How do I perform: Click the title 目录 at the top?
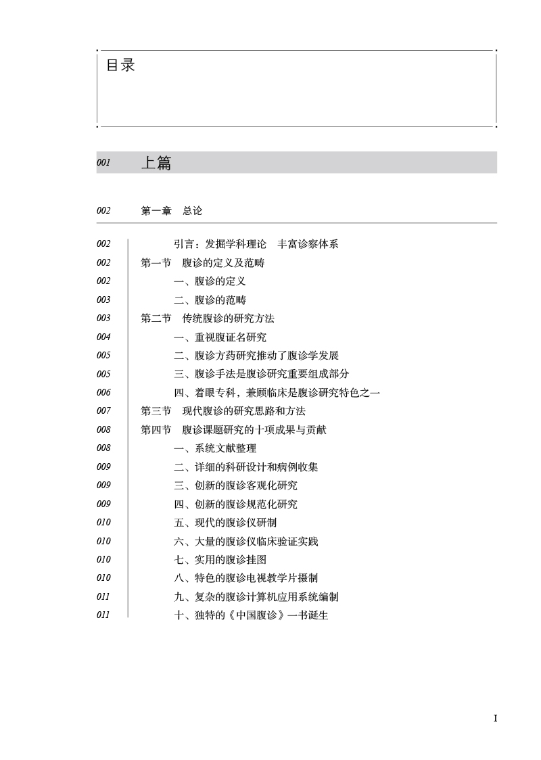[120, 66]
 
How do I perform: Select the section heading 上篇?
[156, 163]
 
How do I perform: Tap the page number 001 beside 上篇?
[103, 163]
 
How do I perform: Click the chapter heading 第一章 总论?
[171, 211]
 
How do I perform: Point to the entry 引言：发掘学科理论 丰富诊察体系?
[256, 244]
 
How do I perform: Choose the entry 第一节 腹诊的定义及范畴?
[202, 263]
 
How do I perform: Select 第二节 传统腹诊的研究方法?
[207, 318]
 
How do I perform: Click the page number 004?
[103, 337]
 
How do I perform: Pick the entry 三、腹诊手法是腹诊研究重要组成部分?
[261, 374]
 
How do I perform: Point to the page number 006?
[103, 392]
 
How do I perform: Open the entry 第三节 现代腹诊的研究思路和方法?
[222, 411]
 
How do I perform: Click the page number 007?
[103, 411]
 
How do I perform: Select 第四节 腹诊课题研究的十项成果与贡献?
[233, 429]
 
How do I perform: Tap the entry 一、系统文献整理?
[215, 448]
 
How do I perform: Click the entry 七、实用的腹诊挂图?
[220, 559]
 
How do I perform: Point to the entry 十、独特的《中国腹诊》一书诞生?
[251, 615]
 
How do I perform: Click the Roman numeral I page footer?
[496, 718]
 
